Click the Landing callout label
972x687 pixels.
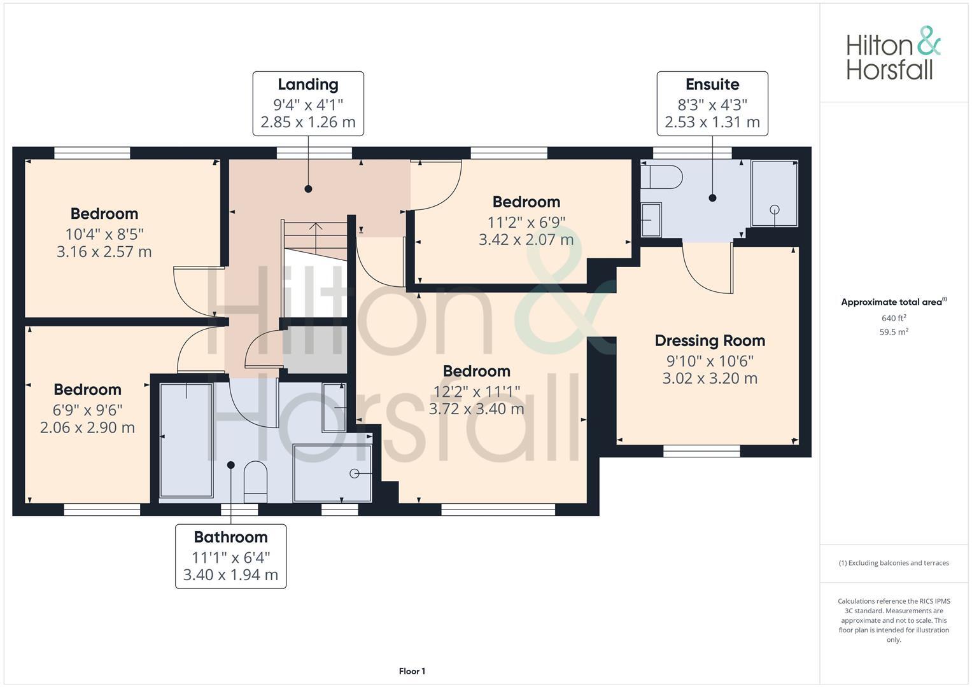point(308,85)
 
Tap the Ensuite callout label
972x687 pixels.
point(712,85)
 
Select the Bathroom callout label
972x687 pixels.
point(230,538)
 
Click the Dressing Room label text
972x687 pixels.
point(710,341)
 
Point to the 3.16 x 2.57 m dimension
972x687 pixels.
point(104,252)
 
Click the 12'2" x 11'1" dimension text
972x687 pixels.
point(477,391)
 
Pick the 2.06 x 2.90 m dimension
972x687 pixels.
point(87,428)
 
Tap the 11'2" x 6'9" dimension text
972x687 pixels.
point(526,222)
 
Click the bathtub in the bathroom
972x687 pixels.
point(186,440)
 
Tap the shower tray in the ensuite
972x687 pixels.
point(774,193)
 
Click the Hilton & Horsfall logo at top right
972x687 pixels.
point(892,53)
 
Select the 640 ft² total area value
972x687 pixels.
point(894,318)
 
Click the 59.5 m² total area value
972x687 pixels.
point(894,332)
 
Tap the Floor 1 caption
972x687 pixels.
point(412,671)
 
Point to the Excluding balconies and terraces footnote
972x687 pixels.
point(894,563)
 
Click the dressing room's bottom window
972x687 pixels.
point(701,451)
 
